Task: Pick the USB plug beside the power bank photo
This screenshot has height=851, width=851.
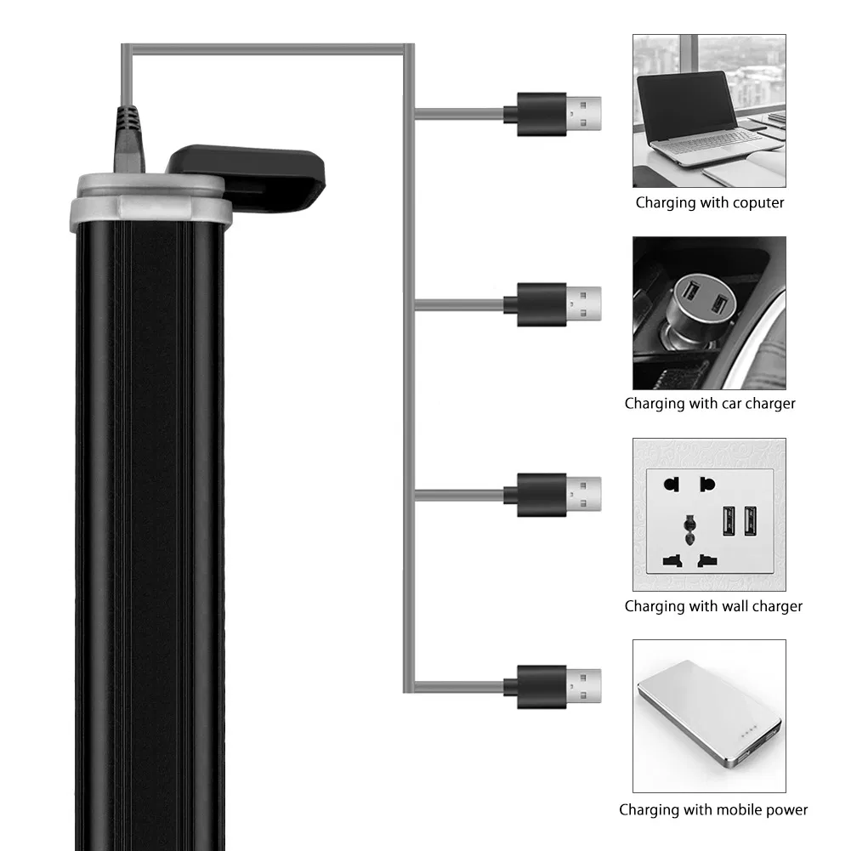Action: point(553,683)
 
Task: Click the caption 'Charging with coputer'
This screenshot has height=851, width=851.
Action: point(710,203)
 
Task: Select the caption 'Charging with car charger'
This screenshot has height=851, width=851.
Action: point(710,404)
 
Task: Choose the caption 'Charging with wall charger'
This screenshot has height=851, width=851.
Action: point(713,606)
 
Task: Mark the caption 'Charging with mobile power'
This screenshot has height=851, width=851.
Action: point(713,810)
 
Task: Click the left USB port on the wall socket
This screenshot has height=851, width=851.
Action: point(729,520)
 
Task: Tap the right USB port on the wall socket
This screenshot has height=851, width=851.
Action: point(750,520)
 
